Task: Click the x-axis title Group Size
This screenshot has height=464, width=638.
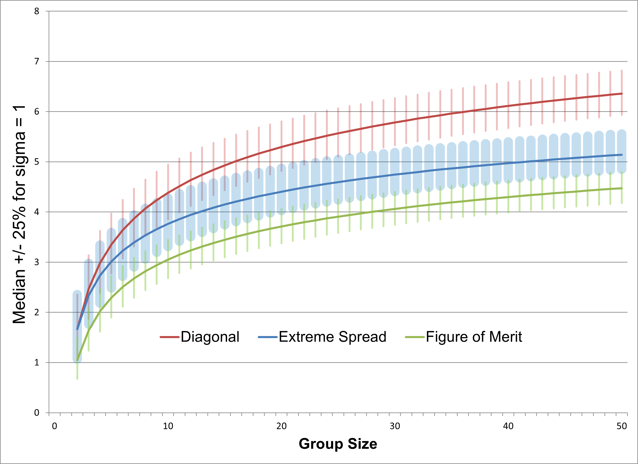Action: point(338,444)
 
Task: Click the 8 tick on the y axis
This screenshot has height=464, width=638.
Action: point(37,11)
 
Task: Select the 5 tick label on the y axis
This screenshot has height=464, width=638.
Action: point(37,162)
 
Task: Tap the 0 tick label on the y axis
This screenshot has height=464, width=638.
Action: point(37,413)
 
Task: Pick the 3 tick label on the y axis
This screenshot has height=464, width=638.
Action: point(37,262)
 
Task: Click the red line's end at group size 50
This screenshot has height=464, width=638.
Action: point(622,94)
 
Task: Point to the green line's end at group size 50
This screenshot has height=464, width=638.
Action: point(622,188)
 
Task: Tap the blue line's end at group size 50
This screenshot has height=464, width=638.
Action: point(622,155)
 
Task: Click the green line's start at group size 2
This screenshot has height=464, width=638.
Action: point(77,360)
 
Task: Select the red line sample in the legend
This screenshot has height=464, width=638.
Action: point(169,337)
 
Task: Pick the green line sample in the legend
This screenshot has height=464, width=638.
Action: point(415,337)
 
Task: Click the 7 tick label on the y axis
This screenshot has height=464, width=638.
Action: point(37,61)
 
